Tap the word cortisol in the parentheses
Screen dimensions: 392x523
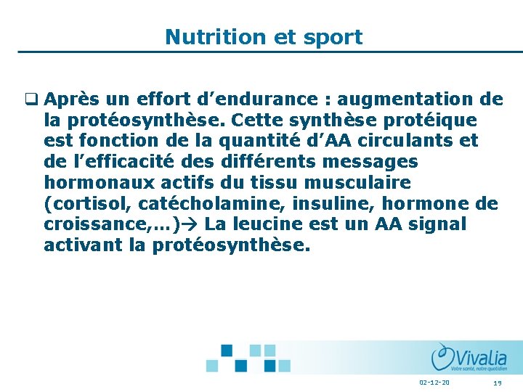tap(92, 203)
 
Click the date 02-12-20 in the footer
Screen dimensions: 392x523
tap(434, 383)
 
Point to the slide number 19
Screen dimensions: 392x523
tap(498, 383)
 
